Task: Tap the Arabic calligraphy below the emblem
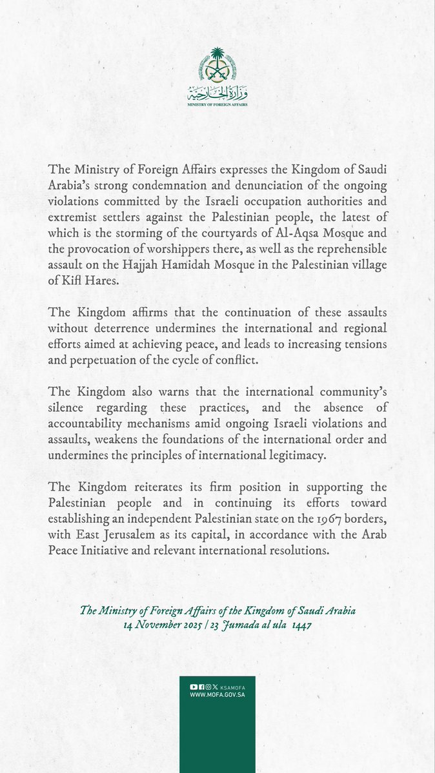click(217, 91)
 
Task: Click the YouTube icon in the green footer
click(192, 688)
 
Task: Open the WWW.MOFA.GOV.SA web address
click(217, 696)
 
